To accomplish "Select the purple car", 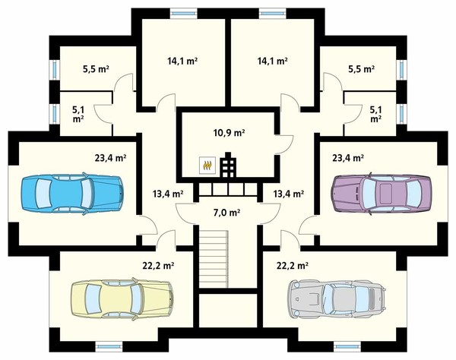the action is coord(382,194).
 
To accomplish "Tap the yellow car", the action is coord(122,298).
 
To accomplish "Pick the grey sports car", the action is coord(337,299).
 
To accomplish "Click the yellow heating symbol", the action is coord(207,165).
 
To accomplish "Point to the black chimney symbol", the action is coord(228,165).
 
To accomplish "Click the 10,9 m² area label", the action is coord(229,133).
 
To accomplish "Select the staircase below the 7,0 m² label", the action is coord(213,258).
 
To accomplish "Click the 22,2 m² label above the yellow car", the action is coord(158,265).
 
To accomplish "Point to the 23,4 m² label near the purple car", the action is coord(348,158).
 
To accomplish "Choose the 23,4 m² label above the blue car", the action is coord(110,158).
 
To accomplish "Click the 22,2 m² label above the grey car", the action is coord(293,265).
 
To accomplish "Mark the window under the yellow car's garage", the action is coord(109,346).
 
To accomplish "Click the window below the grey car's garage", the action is coord(347,346).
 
